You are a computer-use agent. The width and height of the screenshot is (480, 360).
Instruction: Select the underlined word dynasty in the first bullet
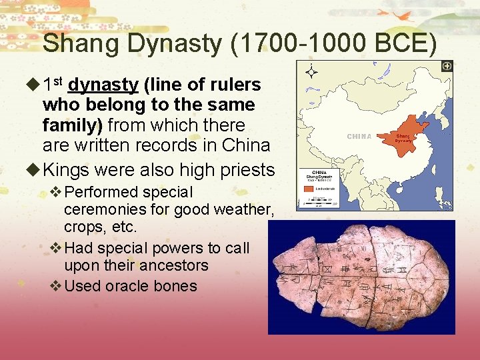103,85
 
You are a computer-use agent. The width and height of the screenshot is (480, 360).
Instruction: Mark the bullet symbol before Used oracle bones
56,286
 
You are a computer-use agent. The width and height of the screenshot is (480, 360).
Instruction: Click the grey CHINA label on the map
359,137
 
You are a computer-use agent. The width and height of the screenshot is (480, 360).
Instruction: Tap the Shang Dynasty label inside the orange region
403,137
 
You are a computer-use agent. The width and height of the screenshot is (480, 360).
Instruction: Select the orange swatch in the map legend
308,189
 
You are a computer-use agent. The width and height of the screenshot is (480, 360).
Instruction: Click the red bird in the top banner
403,15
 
